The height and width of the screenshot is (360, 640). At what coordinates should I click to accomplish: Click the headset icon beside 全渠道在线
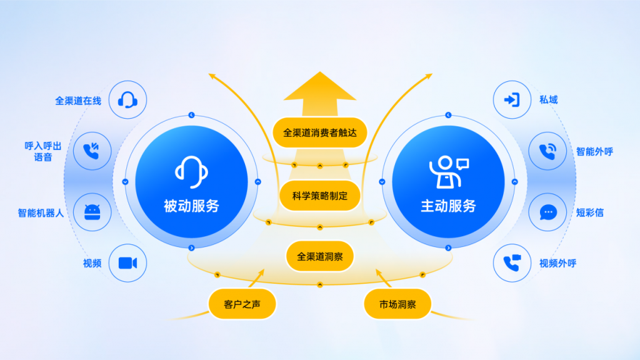pos(127,100)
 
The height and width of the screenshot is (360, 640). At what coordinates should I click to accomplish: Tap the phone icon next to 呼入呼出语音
pos(91,151)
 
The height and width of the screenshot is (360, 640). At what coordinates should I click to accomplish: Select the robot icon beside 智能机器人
pos(92,212)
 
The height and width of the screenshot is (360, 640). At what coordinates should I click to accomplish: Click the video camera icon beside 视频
pos(127,263)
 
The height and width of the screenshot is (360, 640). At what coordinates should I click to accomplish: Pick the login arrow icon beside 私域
pos(512,99)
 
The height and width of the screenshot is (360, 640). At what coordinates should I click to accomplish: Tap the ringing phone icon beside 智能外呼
pos(547,151)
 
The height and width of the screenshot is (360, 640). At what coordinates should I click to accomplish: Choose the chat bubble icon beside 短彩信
pos(547,212)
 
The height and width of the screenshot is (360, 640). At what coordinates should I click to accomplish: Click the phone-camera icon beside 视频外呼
pos(512,263)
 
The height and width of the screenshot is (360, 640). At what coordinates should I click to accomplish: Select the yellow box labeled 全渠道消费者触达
pos(319,132)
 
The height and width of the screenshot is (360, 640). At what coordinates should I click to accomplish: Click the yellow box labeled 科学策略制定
pos(319,196)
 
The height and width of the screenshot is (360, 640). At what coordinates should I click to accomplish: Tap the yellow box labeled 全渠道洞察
pos(319,256)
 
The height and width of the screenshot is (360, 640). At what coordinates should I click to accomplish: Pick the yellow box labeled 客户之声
pos(242,304)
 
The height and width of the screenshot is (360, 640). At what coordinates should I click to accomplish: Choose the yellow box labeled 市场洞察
pos(397,304)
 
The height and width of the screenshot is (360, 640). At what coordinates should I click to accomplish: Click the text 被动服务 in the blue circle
pos(191,206)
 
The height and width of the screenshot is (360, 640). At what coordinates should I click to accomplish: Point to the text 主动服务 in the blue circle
pos(448,206)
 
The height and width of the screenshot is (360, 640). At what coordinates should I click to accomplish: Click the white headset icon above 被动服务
pos(191,172)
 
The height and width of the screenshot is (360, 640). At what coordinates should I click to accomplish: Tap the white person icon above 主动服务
pos(449,172)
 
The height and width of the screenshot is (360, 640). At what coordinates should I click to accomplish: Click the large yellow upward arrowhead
pos(319,86)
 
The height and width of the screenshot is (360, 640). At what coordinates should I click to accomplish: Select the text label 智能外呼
pos(594,152)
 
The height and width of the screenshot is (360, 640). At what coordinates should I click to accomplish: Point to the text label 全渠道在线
pos(78,101)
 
